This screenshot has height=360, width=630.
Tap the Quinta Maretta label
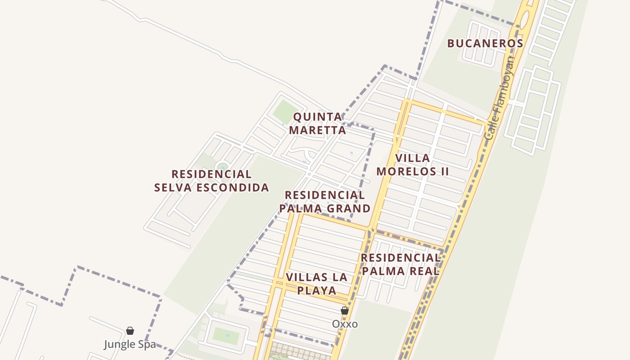[x=318, y=124]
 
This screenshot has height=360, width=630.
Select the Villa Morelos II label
[x=413, y=165]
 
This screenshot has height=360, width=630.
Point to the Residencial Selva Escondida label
[x=211, y=181]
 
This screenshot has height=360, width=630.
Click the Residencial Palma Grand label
[x=325, y=202]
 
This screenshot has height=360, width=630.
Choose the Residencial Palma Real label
[x=400, y=265]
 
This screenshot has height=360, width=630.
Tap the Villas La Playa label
[x=317, y=283]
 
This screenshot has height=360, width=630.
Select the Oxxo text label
[x=345, y=324]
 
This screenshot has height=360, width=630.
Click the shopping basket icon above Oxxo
[x=345, y=310]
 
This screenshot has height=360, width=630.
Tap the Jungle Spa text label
[x=130, y=345]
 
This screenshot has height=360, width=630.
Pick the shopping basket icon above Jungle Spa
[x=130, y=331]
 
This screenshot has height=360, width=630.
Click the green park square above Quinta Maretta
[x=284, y=111]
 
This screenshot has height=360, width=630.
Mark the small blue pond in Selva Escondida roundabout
[x=222, y=167]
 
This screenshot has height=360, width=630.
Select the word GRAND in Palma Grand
[x=349, y=209]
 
